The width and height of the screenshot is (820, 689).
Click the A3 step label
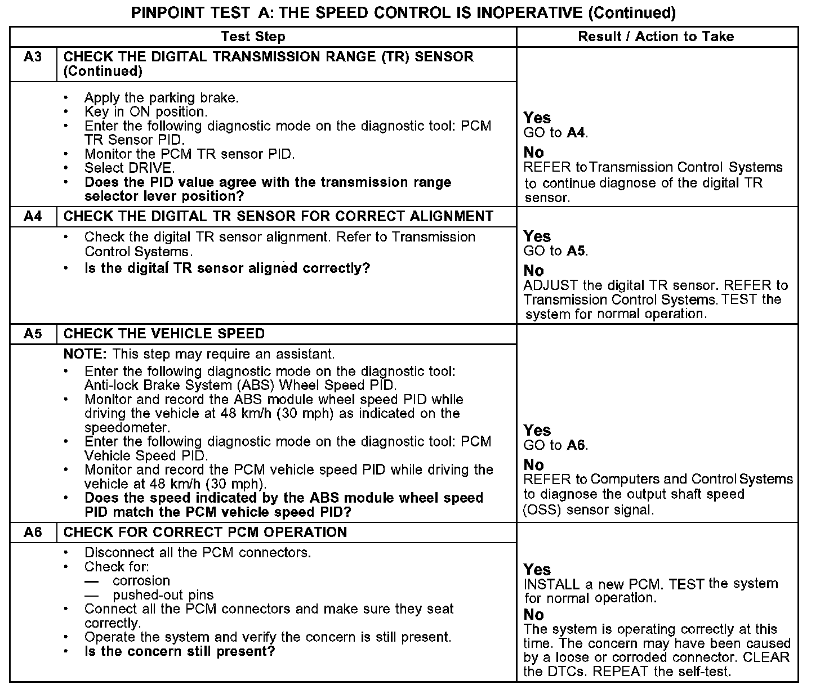(33, 57)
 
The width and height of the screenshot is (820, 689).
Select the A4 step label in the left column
(33, 217)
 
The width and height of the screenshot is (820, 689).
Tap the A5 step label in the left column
(33, 334)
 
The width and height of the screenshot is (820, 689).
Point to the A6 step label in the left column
(33, 533)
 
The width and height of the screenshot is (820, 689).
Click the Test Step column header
(253, 37)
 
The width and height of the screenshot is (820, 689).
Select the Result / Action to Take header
(656, 37)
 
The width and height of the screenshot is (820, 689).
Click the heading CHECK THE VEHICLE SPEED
(164, 334)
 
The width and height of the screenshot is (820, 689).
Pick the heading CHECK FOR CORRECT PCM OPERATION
(205, 533)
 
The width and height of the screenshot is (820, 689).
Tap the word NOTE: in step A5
(86, 354)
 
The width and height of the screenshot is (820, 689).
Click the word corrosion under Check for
(141, 581)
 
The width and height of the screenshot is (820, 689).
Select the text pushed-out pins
(163, 595)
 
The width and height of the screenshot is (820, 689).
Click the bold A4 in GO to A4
(576, 133)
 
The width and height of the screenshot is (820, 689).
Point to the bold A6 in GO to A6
(576, 446)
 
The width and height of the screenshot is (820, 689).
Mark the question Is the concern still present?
(179, 652)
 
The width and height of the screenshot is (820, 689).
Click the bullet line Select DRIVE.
(130, 168)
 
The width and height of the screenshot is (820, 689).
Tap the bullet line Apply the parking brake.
(162, 98)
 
